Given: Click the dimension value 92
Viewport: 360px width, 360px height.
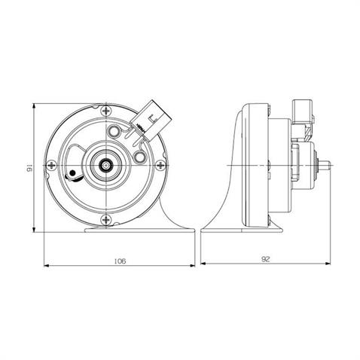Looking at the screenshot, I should point(267,259).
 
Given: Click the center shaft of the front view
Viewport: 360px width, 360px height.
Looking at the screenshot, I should point(107,163).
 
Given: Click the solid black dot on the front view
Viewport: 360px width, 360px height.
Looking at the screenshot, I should point(72,179).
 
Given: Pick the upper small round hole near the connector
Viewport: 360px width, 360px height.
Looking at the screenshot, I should point(114,133).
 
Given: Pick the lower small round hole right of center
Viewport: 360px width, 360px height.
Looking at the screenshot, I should point(140,157).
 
